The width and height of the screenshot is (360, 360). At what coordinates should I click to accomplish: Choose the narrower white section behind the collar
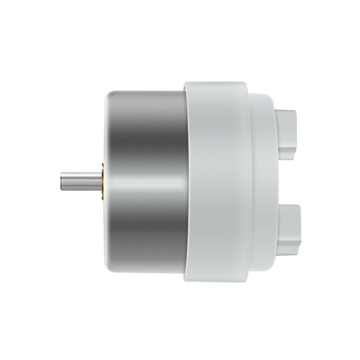264,180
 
